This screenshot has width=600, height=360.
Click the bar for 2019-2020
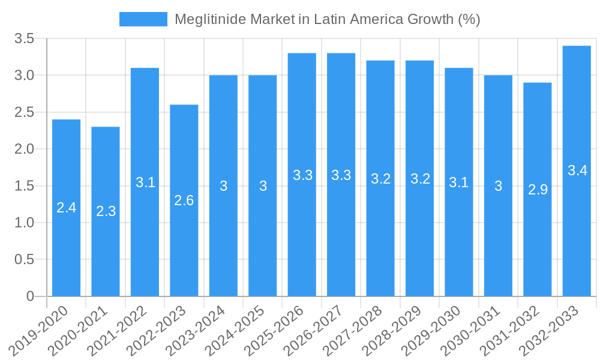66,240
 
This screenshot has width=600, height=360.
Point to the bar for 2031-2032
538,240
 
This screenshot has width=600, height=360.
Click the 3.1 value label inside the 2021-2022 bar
145,182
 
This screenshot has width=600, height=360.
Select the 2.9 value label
538,190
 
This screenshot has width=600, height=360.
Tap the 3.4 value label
577,170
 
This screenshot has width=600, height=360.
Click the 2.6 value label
184,200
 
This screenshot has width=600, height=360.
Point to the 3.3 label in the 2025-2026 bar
302,175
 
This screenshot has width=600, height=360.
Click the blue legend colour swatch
143,19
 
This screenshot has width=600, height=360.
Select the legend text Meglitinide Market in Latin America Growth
327,19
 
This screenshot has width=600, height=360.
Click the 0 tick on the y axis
31,296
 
